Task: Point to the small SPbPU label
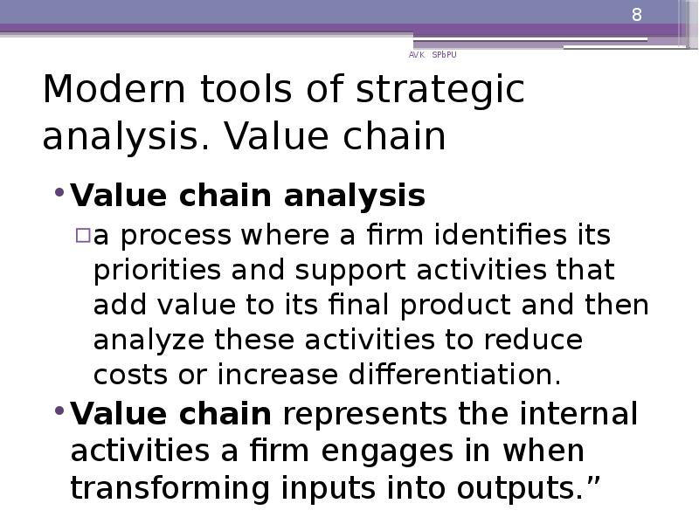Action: point(444,54)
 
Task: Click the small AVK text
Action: point(416,54)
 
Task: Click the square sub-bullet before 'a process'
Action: point(82,236)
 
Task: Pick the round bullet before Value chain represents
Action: point(59,411)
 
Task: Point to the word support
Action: point(286,272)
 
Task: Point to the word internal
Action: point(578,413)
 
